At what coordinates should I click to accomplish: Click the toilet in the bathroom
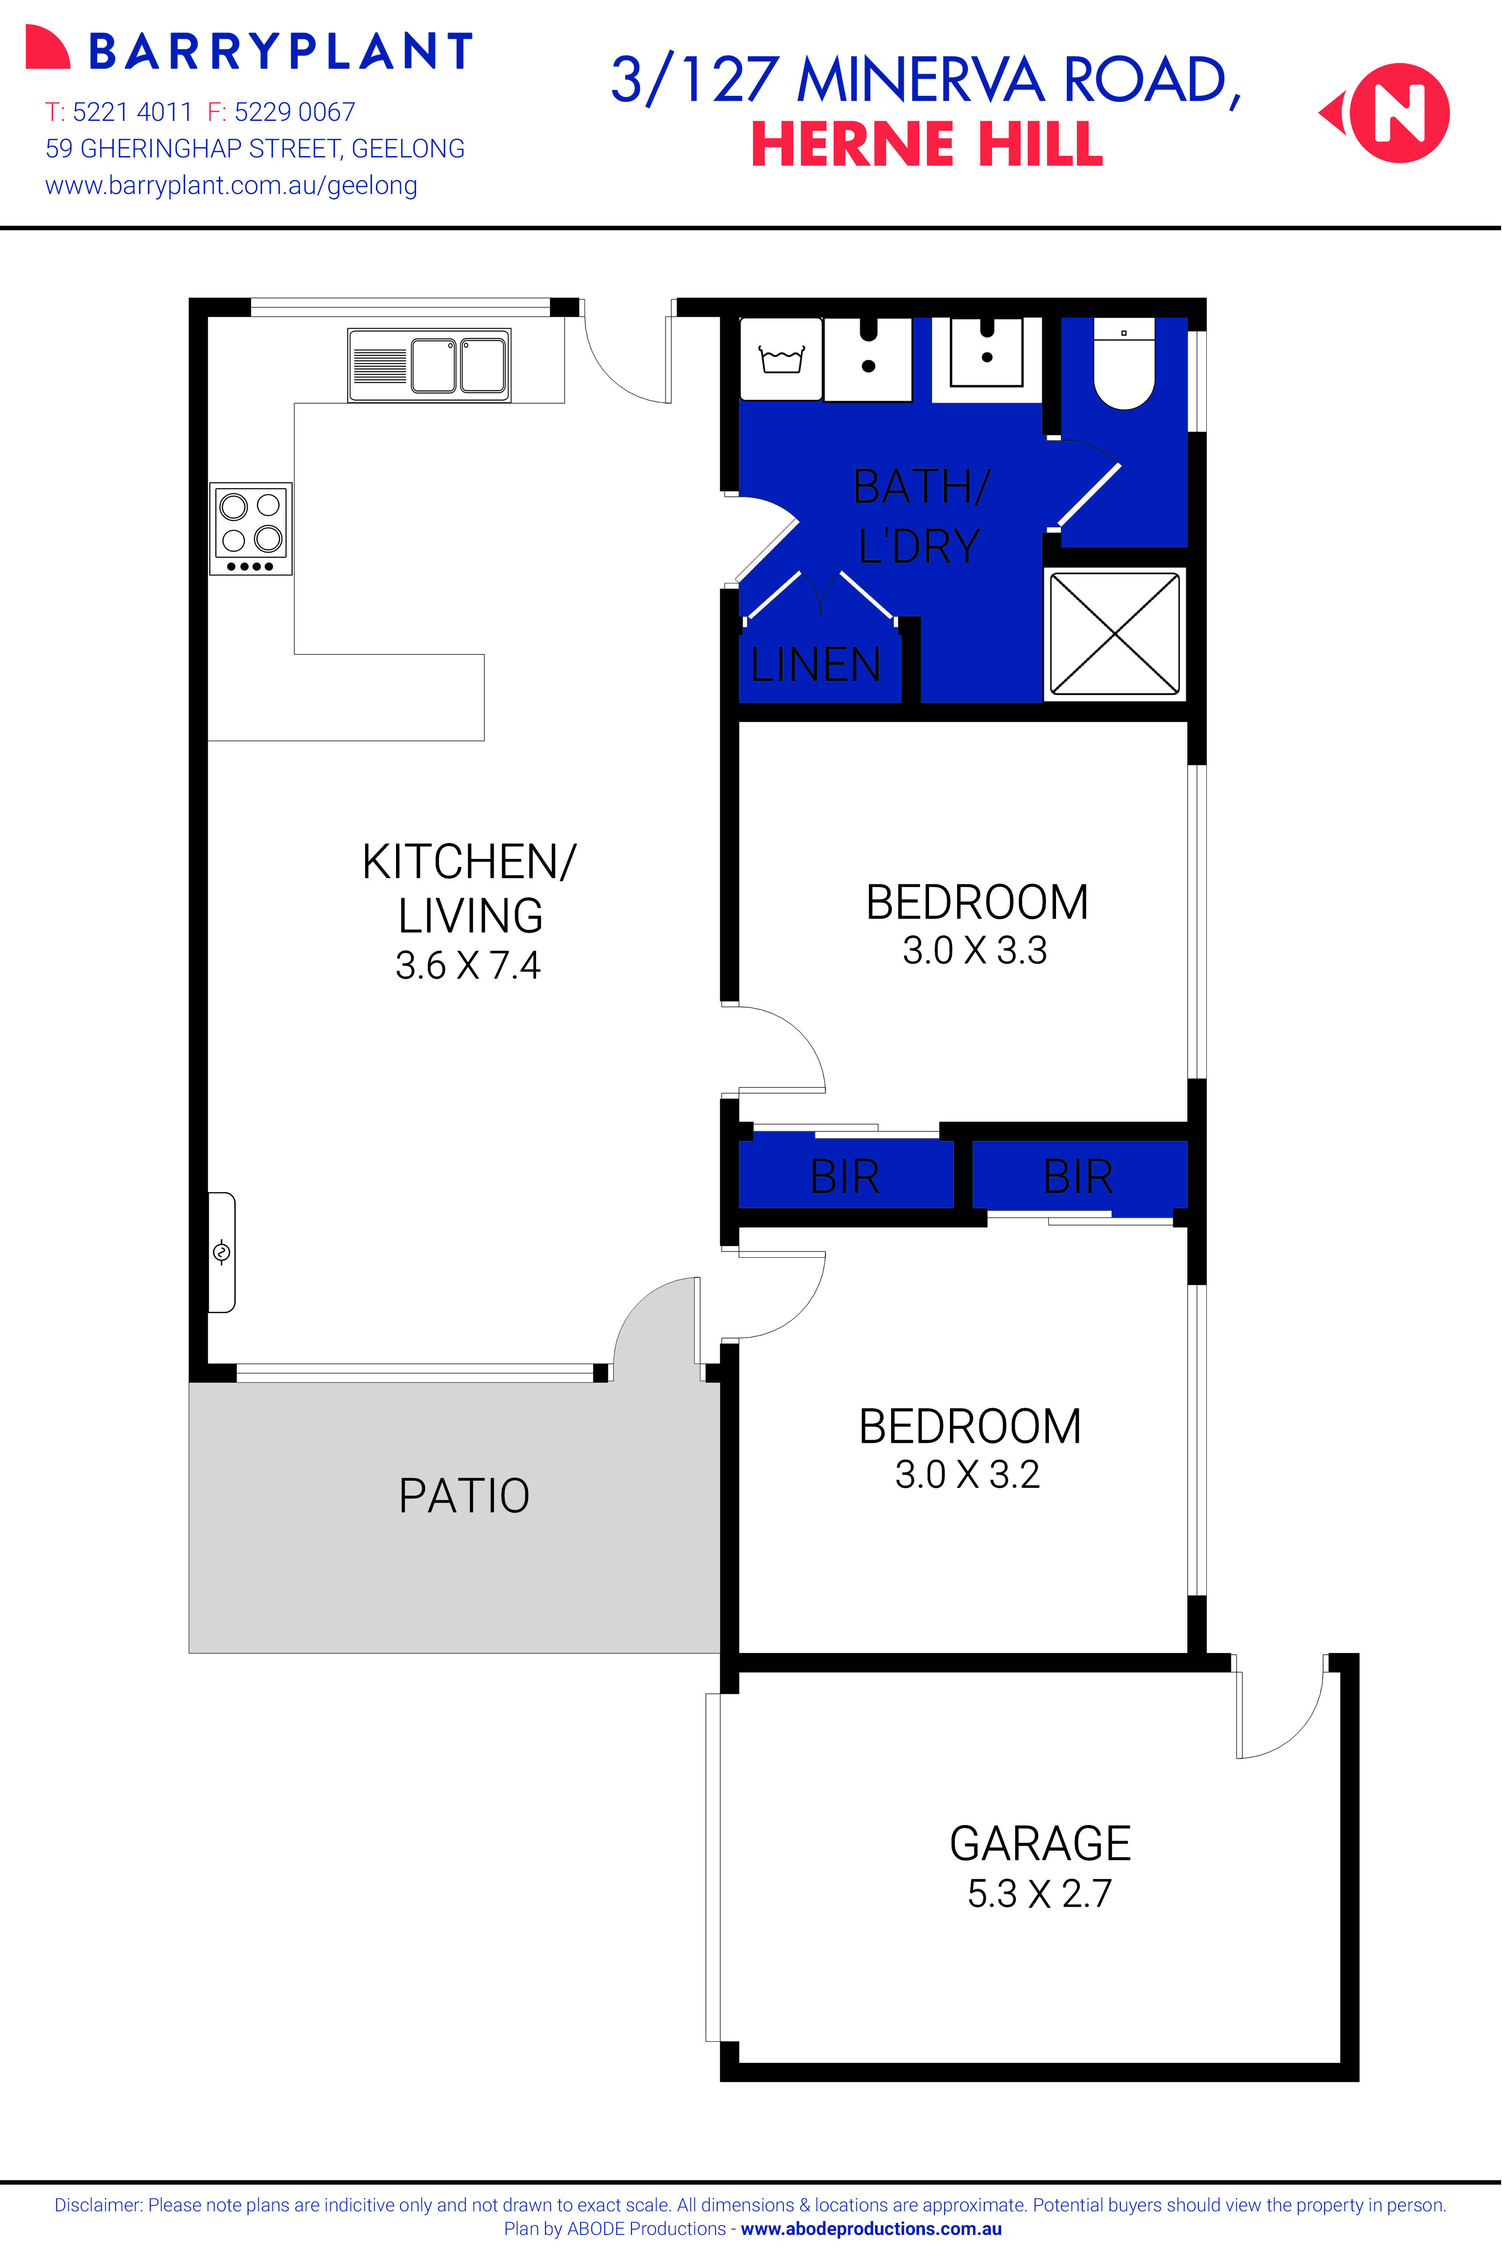coord(1125,369)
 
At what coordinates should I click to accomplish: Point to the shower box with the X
coord(1114,633)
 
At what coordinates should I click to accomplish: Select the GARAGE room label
coord(1040,1843)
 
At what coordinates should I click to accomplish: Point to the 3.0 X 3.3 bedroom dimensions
coord(975,950)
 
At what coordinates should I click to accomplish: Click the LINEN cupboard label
coord(815,664)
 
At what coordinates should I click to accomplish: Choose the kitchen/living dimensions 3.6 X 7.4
coord(468,965)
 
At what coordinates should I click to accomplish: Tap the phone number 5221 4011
coord(132,112)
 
